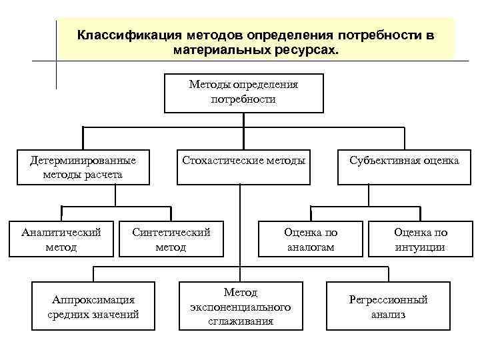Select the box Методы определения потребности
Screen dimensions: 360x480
tap(243, 93)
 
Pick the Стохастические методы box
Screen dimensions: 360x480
tap(243, 160)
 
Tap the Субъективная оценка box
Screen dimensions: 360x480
tap(405, 160)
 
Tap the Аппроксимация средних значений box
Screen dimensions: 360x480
tap(93, 306)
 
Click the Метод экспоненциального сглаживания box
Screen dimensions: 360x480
tap(240, 306)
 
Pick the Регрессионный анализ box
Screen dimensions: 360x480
tap(388, 306)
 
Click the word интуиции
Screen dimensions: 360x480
tap(421, 247)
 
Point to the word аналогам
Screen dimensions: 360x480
tap(311, 247)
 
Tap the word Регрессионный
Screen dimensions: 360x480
tap(388, 299)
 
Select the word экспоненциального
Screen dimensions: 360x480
tap(240, 307)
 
